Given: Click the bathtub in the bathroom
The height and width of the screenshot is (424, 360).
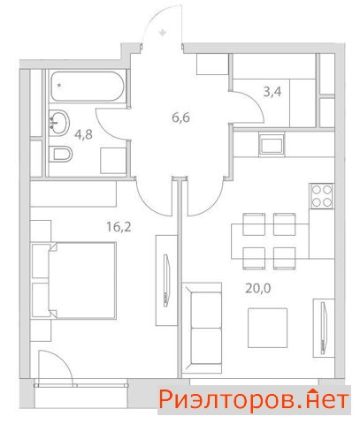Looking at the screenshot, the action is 88,87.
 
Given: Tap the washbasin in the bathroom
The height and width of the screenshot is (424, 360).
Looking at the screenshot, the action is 59,123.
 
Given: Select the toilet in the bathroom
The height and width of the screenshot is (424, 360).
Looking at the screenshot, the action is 60,154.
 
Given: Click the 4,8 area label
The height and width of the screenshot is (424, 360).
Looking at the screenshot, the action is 83,134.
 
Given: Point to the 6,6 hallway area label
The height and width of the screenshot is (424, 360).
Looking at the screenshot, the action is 180,117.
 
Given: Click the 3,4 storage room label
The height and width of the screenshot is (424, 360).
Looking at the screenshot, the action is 272,92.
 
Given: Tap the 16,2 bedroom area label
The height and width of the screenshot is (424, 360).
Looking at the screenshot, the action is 119,227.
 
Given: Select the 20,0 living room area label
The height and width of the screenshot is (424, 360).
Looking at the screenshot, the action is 258,289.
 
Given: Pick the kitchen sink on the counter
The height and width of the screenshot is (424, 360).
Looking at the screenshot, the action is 272,144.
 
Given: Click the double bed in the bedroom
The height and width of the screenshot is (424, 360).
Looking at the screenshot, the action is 81,281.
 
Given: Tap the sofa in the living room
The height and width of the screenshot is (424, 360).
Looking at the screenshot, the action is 203,329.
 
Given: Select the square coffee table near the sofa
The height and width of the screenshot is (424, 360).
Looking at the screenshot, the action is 267,328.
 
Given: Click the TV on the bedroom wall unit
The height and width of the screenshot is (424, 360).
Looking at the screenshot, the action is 167,281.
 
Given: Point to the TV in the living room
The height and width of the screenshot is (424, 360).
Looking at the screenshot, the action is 324,328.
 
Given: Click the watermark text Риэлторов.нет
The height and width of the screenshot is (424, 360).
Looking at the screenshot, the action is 254,400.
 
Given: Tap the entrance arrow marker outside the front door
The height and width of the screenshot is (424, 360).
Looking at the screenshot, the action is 163,32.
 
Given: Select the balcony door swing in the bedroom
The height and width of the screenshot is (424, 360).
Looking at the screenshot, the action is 55,367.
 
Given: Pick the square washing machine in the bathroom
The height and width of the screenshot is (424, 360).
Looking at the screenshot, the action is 113,161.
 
